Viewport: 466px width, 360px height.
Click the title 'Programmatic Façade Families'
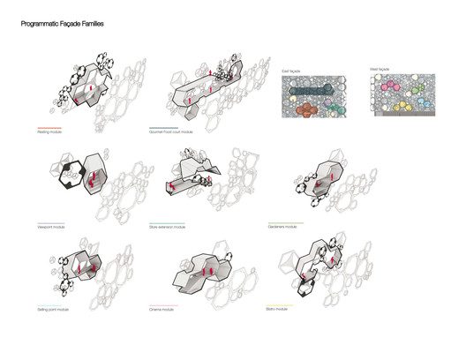pos(63,40)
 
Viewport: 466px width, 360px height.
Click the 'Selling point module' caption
pos(54,311)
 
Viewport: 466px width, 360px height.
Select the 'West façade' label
pos(380,70)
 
